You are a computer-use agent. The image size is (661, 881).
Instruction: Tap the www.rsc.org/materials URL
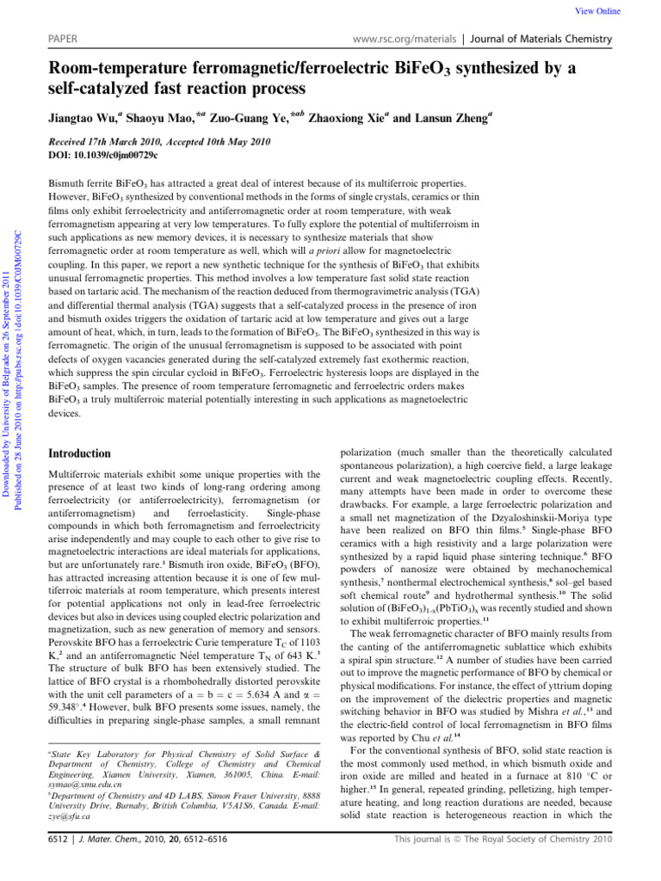(x=402, y=40)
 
